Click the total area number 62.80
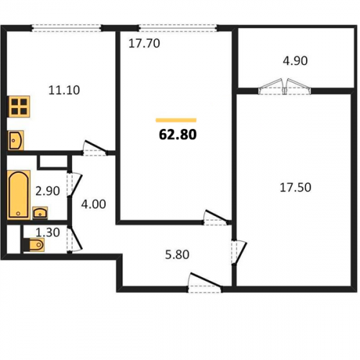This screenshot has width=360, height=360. (178, 135)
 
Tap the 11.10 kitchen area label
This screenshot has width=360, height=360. (64, 90)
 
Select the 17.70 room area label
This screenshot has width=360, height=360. (144, 43)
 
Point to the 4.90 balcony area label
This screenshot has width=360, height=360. (295, 60)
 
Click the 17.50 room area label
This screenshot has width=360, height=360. (295, 187)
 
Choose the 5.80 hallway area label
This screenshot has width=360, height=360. (177, 254)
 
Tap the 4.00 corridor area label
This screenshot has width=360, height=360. (94, 204)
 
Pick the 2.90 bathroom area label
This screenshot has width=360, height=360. (48, 191)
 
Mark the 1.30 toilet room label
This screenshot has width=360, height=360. (48, 233)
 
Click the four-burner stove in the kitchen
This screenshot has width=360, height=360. (19, 107)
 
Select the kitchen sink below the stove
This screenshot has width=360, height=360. (16, 140)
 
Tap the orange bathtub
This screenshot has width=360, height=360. (19, 194)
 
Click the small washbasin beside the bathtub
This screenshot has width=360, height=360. (40, 213)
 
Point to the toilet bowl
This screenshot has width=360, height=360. (35, 245)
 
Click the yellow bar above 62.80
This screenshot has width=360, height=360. (176, 120)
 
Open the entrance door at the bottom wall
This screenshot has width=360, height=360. (204, 282)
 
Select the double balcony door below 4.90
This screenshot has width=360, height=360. (284, 86)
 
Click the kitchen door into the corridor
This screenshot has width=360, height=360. (95, 148)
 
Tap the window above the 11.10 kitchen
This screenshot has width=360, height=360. (66, 28)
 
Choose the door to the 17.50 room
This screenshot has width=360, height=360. (239, 253)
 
